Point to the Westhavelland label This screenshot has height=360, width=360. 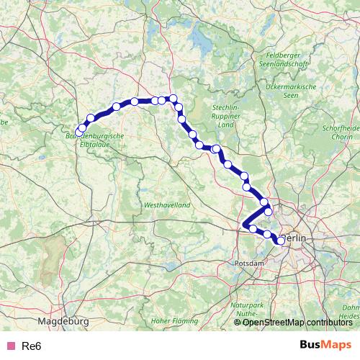(x=167, y=204)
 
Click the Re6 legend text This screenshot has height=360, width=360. (x=30, y=346)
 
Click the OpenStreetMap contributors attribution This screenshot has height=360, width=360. (x=297, y=323)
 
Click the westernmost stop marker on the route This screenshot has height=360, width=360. (x=82, y=128)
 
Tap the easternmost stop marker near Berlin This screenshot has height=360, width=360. (x=281, y=241)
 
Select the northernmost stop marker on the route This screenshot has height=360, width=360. (x=173, y=99)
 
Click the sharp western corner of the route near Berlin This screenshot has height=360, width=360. (x=246, y=225)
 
